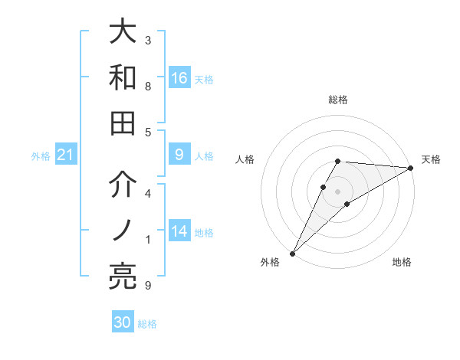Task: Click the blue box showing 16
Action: [x=179, y=78]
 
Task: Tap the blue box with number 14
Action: [x=179, y=232]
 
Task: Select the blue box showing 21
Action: [x=65, y=155]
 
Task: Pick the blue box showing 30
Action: [x=123, y=322]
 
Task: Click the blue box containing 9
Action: [x=179, y=155]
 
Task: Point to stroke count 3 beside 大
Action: [x=148, y=40]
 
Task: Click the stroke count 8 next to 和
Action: [x=148, y=86]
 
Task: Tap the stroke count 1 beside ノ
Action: [x=148, y=240]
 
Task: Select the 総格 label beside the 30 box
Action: [x=147, y=324]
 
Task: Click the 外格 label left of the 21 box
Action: [x=41, y=156]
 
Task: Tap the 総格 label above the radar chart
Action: [x=338, y=100]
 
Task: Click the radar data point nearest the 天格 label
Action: [x=412, y=169]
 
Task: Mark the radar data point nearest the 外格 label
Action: [x=293, y=253]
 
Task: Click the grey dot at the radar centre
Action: [x=338, y=191]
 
